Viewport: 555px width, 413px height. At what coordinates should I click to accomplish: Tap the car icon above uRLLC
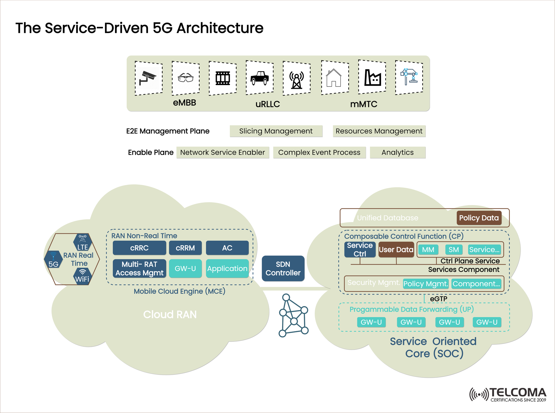pos(260,78)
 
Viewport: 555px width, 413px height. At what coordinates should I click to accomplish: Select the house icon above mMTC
pos(334,78)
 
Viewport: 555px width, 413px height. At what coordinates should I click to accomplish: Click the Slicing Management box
pos(276,131)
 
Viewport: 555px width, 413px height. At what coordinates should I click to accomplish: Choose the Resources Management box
pos(379,131)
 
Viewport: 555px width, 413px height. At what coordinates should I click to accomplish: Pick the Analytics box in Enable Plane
pos(397,152)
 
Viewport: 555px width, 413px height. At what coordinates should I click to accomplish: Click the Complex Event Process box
pos(319,152)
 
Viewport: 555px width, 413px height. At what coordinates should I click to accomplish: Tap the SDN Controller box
pos(283,268)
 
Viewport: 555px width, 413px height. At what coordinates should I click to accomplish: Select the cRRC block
pos(139,248)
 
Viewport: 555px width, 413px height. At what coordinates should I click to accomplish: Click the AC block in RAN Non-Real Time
pos(227,248)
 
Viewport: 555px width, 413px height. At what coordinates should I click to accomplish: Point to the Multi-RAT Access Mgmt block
pos(139,268)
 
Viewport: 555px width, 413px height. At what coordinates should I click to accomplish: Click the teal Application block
pos(227,268)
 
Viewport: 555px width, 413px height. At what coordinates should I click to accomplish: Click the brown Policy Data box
pos(479,218)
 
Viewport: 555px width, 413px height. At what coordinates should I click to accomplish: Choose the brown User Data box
pos(396,250)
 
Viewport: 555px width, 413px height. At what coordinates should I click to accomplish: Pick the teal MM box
pos(428,250)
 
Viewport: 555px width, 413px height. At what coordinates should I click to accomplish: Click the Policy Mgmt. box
pos(425,284)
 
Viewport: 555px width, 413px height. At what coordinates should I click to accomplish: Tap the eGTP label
pos(439,299)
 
